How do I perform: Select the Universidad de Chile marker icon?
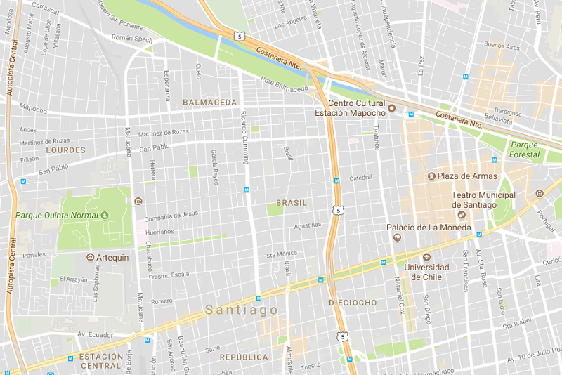pos(426,256)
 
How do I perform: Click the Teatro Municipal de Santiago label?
pos(483,199)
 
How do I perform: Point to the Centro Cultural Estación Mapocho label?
pos(350,108)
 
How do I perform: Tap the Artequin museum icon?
pos(90,257)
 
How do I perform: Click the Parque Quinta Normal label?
pos(56,215)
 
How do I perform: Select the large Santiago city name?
pos(241,310)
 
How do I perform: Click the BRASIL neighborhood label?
pos(292,202)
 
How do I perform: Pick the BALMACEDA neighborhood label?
pos(209,103)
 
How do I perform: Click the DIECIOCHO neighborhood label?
pos(353,303)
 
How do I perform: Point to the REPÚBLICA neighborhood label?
pos(244,357)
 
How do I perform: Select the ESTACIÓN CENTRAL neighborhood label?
pos(102,361)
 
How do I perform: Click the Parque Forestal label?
pos(525,150)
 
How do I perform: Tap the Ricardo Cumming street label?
pos(244,137)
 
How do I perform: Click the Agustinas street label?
pos(307,225)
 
